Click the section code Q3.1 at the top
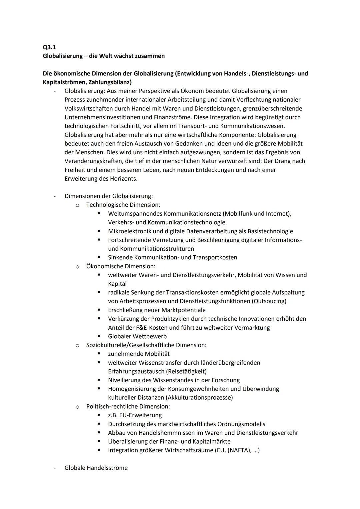click(x=49, y=47)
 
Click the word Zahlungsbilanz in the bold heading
click(x=109, y=82)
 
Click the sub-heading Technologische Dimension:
click(x=123, y=205)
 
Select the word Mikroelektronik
click(x=130, y=231)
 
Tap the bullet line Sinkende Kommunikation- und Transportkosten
click(x=172, y=257)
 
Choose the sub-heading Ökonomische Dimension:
click(x=121, y=266)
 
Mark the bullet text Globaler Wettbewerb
click(x=137, y=336)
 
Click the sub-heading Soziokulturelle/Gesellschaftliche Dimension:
click(x=146, y=345)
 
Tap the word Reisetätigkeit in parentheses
click(x=185, y=371)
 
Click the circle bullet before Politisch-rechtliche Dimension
click(x=77, y=407)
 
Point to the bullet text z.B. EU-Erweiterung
click(x=135, y=415)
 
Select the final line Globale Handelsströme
click(x=96, y=468)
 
